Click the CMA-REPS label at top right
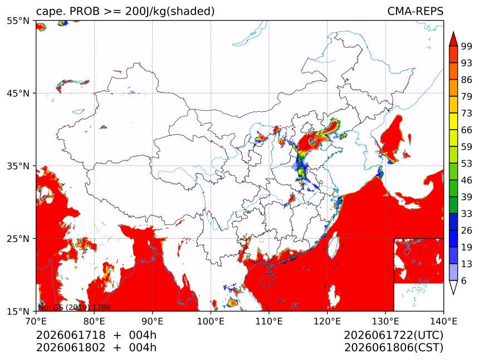pyautogui.click(x=415, y=11)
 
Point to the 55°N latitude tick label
pyautogui.click(x=18, y=21)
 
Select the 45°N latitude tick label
pyautogui.click(x=18, y=93)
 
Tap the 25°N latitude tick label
pyautogui.click(x=18, y=238)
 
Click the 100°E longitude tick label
pyautogui.click(x=211, y=321)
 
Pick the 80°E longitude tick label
pyautogui.click(x=94, y=321)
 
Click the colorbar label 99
pyautogui.click(x=467, y=46)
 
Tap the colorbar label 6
pyautogui.click(x=464, y=280)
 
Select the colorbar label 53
pyautogui.click(x=467, y=164)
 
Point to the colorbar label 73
pyautogui.click(x=467, y=113)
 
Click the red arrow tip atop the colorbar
pyautogui.click(x=453, y=32)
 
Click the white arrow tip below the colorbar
pyautogui.click(x=453, y=294)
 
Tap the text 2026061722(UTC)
pyautogui.click(x=393, y=336)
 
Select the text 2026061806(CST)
pyautogui.click(x=393, y=348)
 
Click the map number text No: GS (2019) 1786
pyautogui.click(x=75, y=307)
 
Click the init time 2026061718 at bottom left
pyautogui.click(x=71, y=336)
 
